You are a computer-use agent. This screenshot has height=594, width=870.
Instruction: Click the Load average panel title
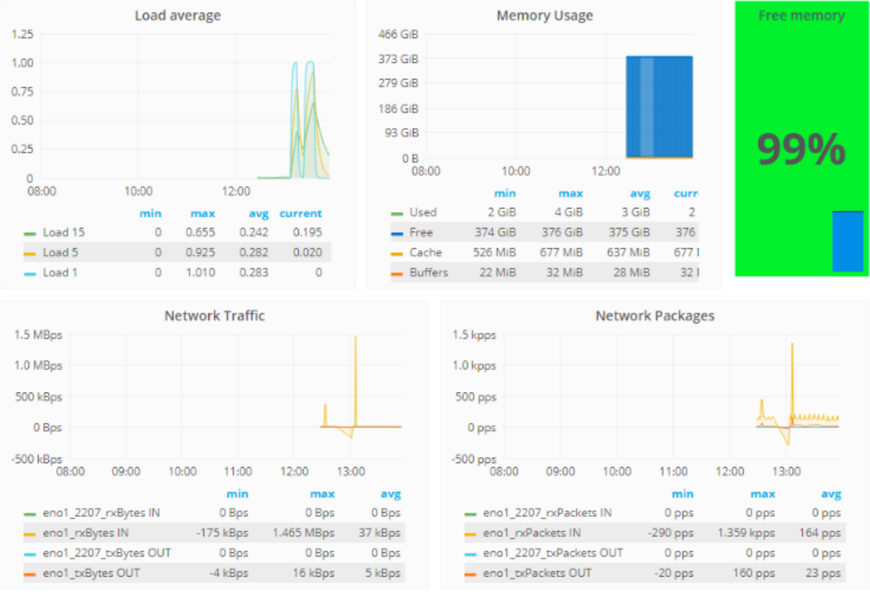point(178,15)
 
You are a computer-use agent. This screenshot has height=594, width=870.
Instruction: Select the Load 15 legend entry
point(63,232)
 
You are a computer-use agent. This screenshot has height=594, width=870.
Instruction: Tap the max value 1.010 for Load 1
point(200,273)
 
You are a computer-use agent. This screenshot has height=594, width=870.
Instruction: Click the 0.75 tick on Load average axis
point(22,92)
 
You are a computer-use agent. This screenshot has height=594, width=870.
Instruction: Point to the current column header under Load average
point(300,214)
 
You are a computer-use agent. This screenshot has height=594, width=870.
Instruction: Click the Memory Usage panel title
point(544,15)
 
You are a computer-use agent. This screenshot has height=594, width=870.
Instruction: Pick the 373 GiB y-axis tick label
point(398,59)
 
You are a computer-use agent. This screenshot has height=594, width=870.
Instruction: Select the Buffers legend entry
point(428,273)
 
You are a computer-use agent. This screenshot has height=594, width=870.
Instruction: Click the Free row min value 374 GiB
point(495,232)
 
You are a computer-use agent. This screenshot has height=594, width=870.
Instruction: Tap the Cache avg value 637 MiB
point(628,253)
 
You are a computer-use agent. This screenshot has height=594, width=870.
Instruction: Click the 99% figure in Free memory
point(801,149)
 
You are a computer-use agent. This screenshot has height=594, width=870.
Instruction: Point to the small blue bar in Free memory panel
point(847,241)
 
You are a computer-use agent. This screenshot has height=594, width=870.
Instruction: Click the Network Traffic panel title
point(214,316)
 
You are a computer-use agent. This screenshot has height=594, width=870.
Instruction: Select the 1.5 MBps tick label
point(38,335)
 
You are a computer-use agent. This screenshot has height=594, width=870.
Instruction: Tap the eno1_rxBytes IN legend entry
point(85,533)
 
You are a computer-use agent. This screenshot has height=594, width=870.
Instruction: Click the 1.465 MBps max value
point(303,533)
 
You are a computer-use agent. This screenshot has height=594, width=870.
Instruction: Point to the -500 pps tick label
point(474,459)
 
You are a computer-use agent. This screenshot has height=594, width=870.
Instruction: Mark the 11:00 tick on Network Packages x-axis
point(673,471)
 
